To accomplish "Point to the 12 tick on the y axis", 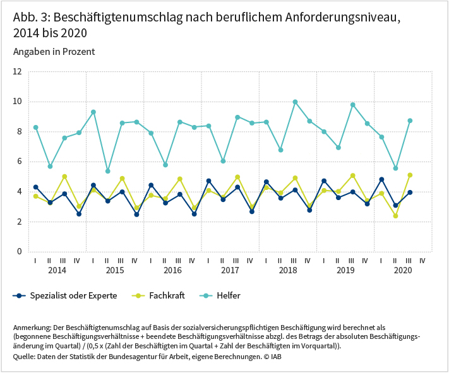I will click(17, 72).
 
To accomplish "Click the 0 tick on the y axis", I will click(20, 252).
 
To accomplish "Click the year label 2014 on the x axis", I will click(57, 271).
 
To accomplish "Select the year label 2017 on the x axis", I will click(230, 271).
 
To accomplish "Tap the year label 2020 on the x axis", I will click(403, 271).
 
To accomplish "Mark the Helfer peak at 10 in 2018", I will click(295, 102).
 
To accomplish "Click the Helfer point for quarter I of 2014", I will click(36, 127).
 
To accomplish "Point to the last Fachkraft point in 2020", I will click(410, 175).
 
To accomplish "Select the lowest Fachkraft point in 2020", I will click(395, 216).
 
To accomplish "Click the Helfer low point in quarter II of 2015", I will click(108, 171).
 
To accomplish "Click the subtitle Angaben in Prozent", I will click(54, 51).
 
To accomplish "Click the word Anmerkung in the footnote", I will click(32, 328).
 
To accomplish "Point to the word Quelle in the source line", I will click(24, 357).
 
